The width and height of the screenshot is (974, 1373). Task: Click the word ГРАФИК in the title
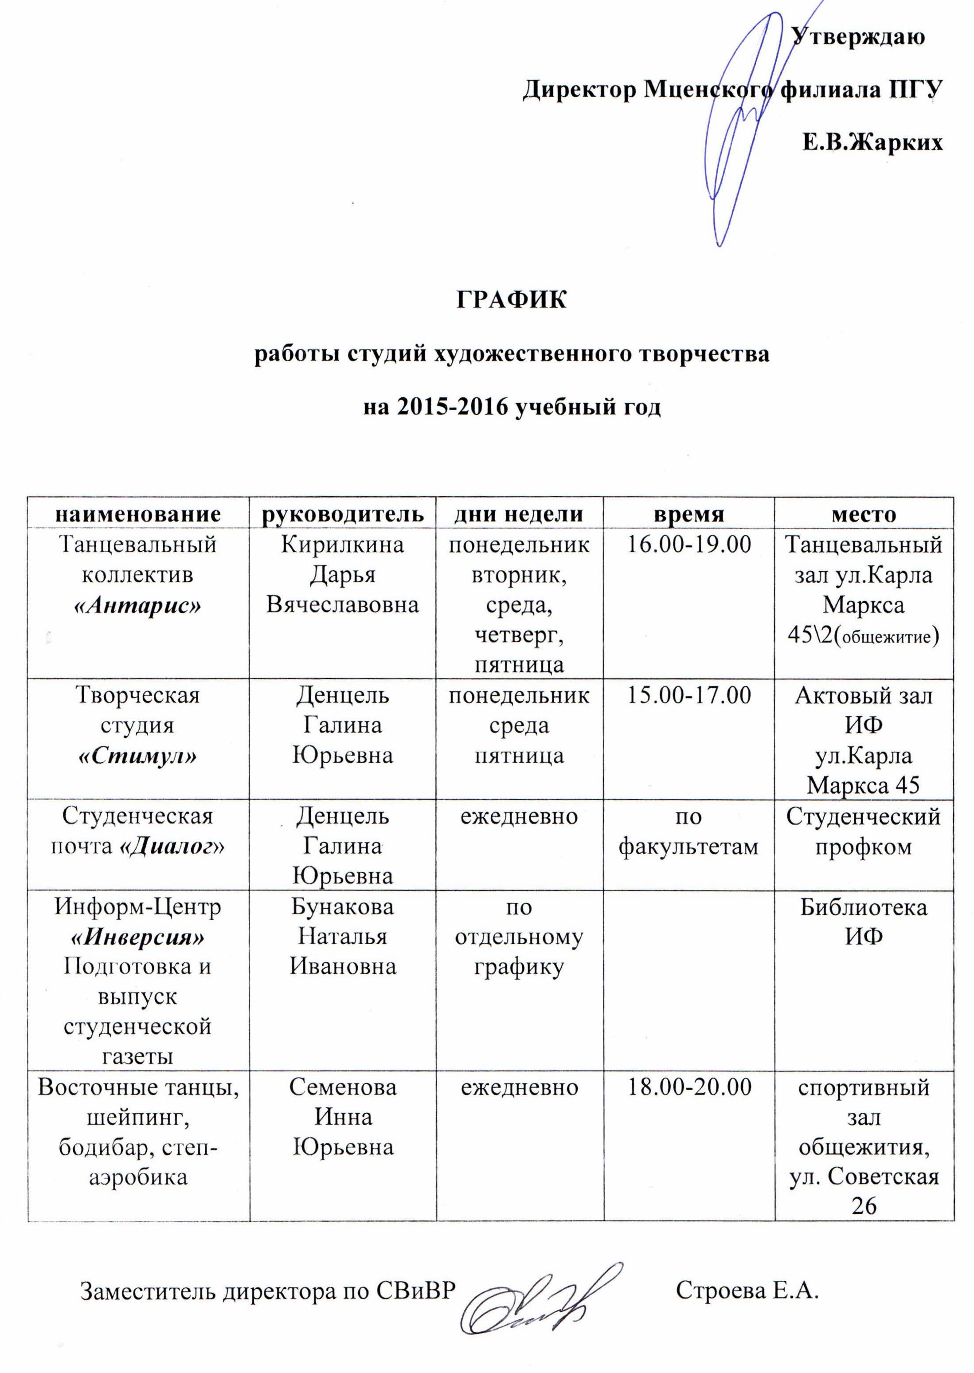[511, 300]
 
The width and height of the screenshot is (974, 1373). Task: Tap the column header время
[688, 514]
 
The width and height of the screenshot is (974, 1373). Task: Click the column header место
[864, 514]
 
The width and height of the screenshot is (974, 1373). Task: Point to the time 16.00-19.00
[688, 545]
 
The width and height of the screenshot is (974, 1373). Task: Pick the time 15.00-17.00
[688, 696]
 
